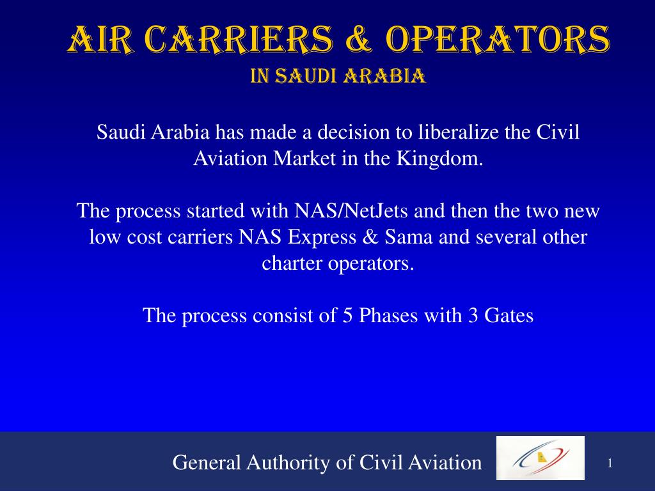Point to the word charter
click(x=292, y=263)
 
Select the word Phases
click(x=387, y=316)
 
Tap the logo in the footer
click(x=541, y=458)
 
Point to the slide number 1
click(x=610, y=463)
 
